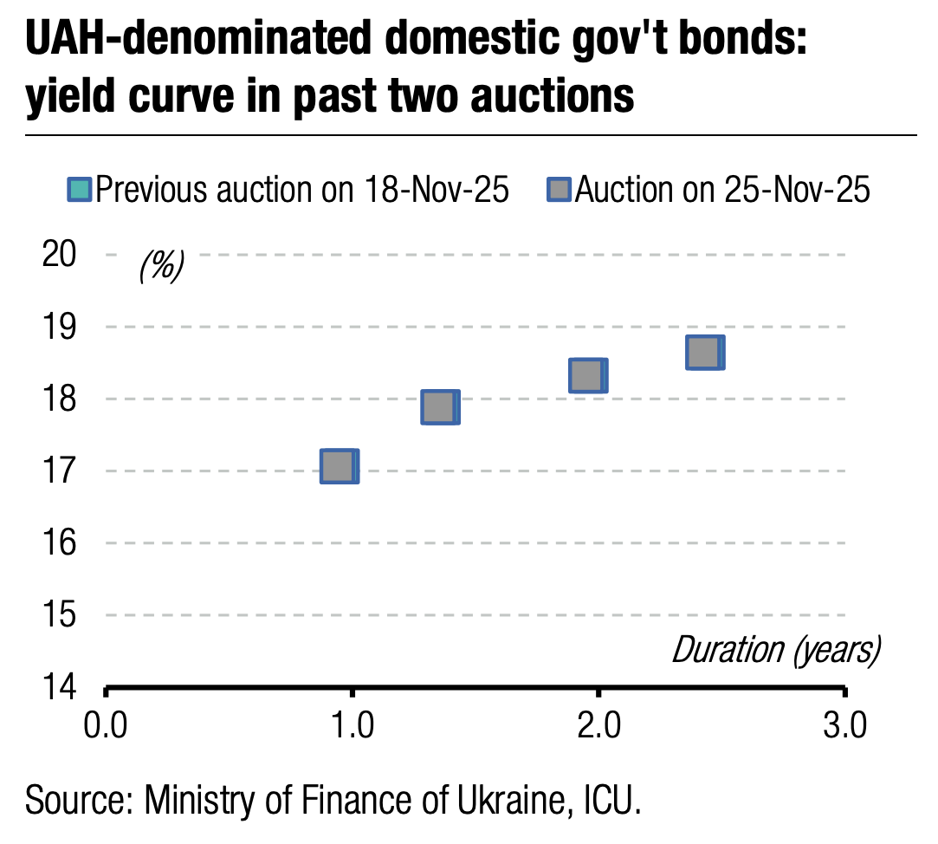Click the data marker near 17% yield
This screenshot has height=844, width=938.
point(339,466)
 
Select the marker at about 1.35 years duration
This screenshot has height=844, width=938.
point(439,407)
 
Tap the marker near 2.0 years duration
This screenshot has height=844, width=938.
point(587,376)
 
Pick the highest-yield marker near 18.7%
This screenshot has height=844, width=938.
point(704,353)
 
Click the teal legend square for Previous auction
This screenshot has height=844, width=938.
point(80,189)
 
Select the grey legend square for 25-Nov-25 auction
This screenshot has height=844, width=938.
point(560,189)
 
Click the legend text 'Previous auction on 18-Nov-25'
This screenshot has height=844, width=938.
point(301,189)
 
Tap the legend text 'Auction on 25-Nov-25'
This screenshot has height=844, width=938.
point(722,189)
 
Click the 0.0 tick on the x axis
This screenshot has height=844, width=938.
point(106,725)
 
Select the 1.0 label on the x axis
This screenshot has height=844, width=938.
point(352,725)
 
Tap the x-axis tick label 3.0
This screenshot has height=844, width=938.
point(844,725)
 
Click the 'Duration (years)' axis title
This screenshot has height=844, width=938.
point(776,650)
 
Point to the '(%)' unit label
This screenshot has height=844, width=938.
point(161,267)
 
